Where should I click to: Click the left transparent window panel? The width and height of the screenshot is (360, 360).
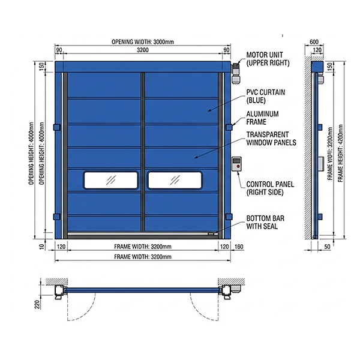click(x=110, y=179)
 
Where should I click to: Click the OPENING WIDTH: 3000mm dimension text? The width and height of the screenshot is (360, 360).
click(x=142, y=42)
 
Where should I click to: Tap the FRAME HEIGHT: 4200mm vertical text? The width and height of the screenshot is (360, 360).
click(x=340, y=151)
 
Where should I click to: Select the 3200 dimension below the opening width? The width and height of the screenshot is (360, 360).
click(x=143, y=50)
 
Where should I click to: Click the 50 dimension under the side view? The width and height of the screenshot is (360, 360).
click(x=327, y=247)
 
